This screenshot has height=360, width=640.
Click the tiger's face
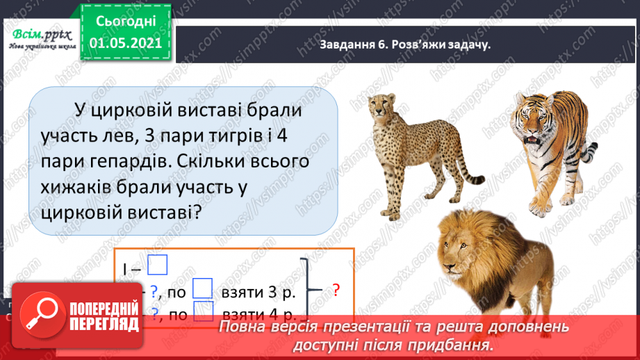click(x=539, y=125)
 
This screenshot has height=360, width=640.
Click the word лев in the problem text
click(x=113, y=136)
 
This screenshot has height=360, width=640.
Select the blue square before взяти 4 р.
click(x=202, y=313)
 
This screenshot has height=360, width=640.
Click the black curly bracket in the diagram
click(x=308, y=288)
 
